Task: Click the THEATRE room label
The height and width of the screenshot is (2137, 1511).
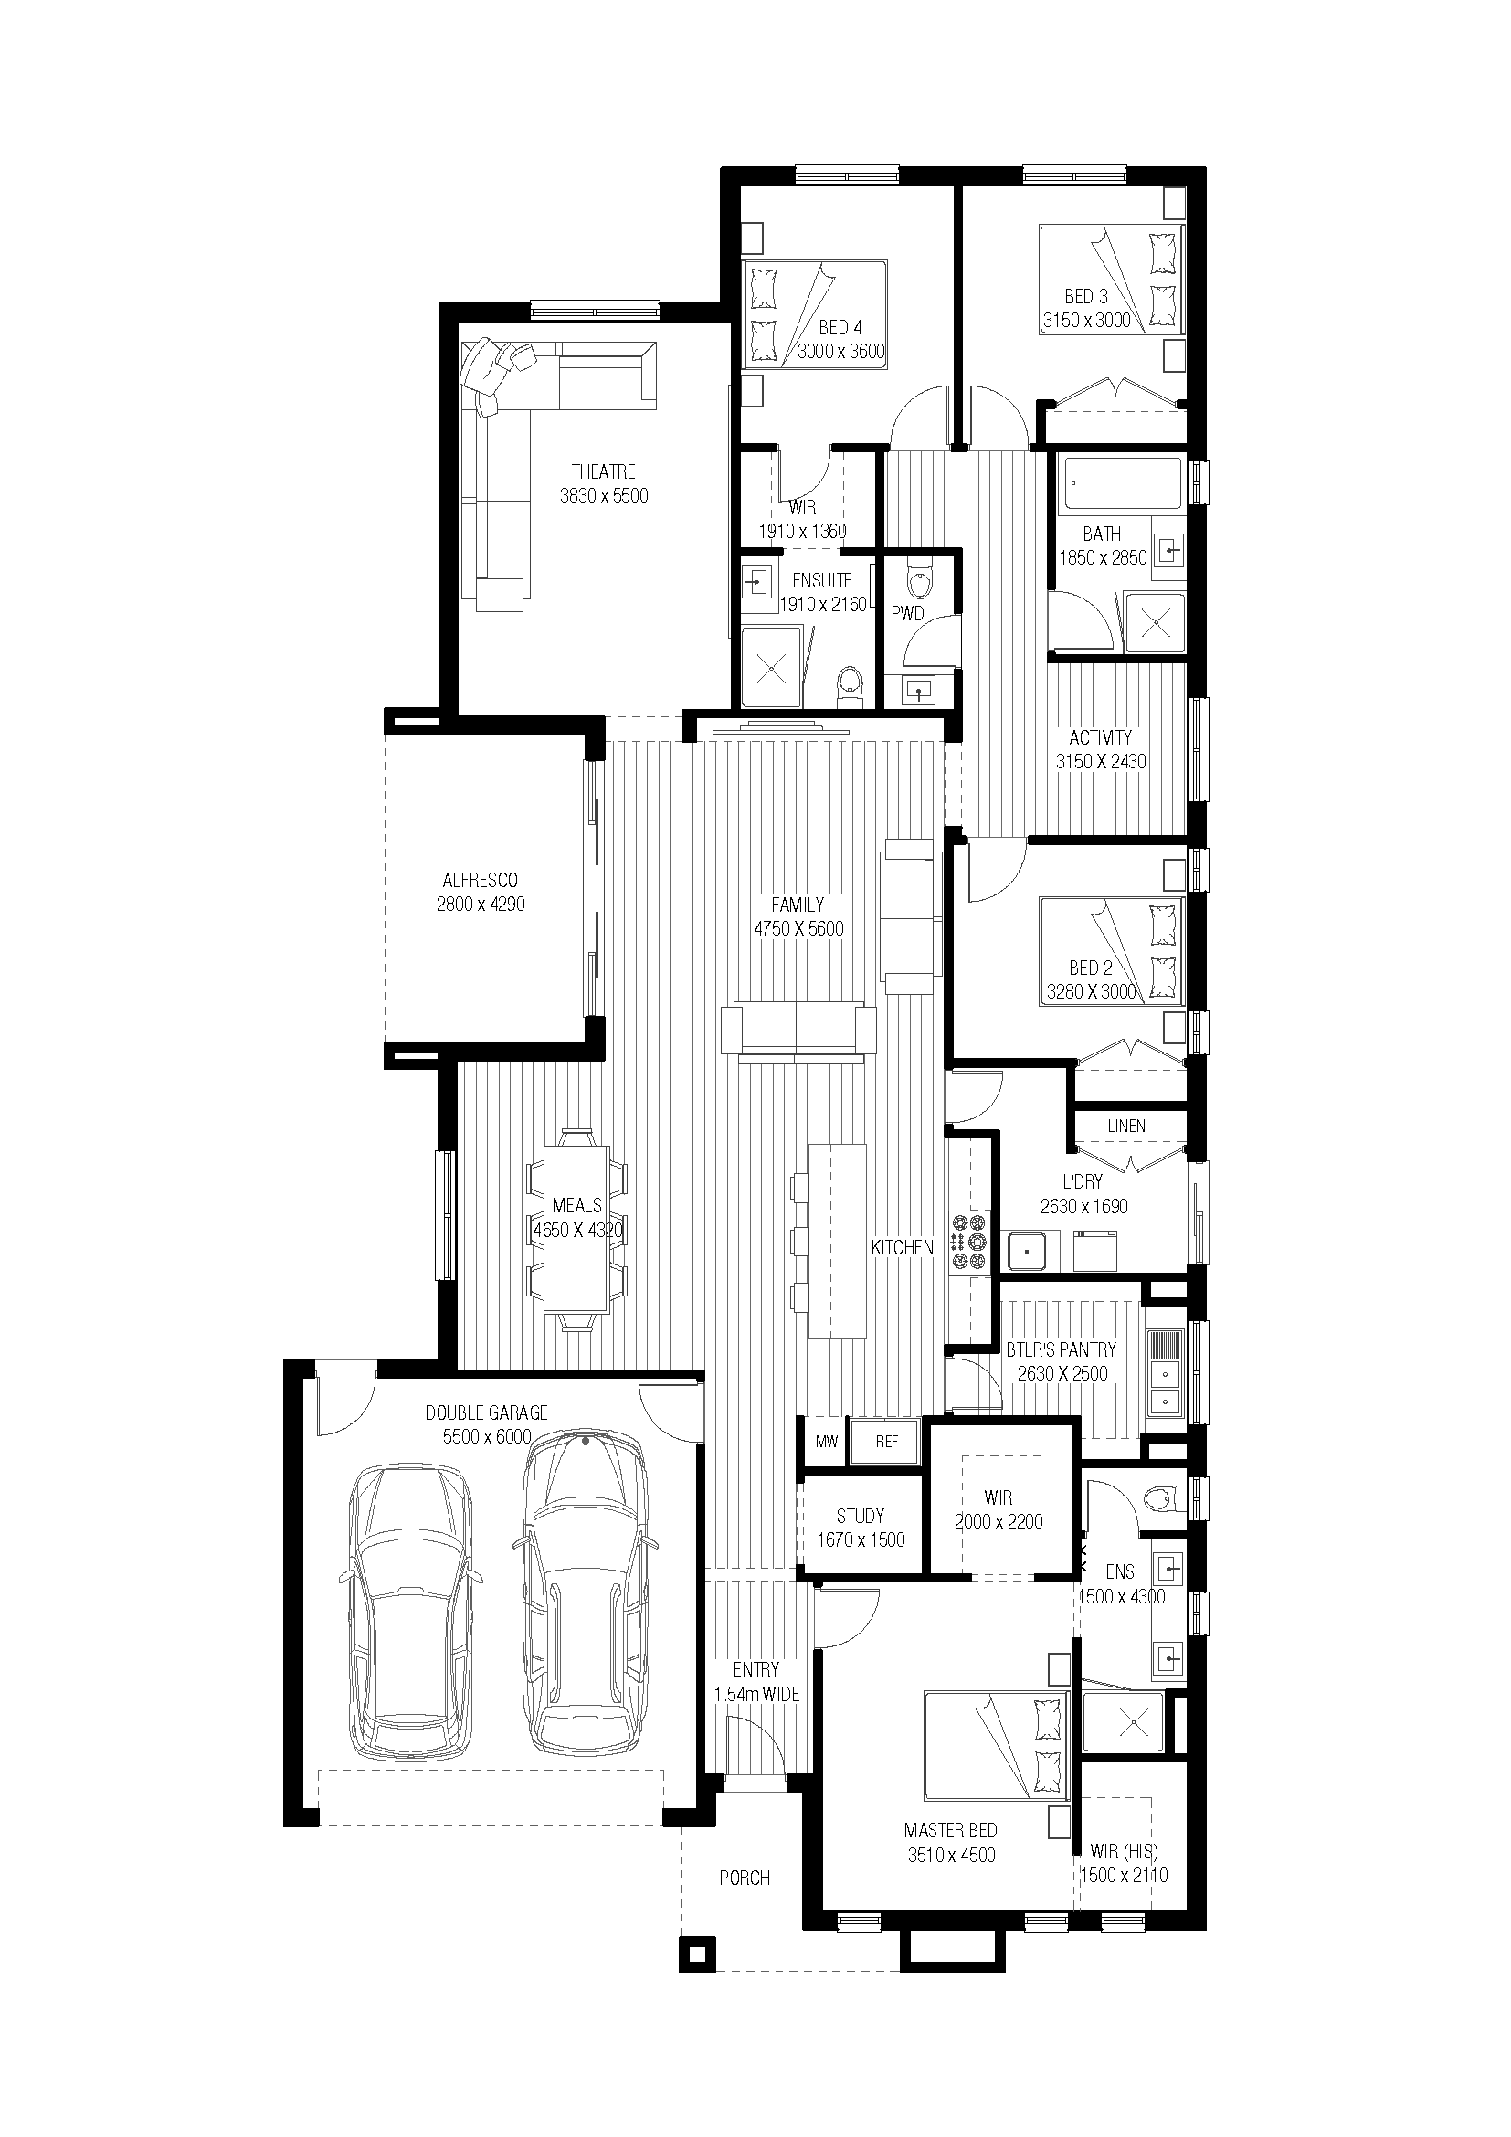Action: (x=603, y=471)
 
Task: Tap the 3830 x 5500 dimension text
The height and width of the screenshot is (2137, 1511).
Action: (x=604, y=496)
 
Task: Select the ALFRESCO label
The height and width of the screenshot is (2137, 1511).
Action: (x=481, y=880)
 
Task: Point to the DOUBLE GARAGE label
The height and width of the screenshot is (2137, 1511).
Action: (x=487, y=1412)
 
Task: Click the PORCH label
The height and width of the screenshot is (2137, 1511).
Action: (x=745, y=1878)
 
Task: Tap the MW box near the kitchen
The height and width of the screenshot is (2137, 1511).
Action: (x=826, y=1442)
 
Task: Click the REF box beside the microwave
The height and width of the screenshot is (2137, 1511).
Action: (x=886, y=1442)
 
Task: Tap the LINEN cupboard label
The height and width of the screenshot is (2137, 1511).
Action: (x=1125, y=1127)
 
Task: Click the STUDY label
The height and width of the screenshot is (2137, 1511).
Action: (x=860, y=1517)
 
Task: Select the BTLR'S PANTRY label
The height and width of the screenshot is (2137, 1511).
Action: (x=1061, y=1349)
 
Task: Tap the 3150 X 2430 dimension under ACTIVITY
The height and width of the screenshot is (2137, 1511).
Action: (x=1101, y=761)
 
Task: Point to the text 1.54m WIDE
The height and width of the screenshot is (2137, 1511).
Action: (x=756, y=1695)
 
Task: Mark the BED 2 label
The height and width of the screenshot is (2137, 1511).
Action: (x=1091, y=968)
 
